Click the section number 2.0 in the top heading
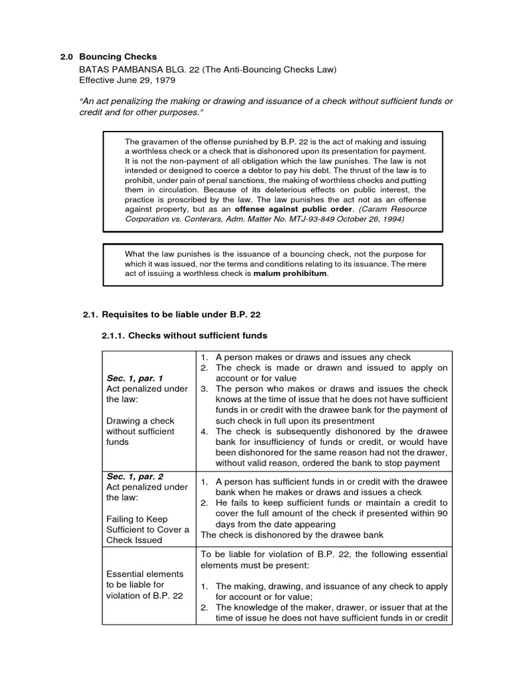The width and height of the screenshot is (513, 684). (x=67, y=57)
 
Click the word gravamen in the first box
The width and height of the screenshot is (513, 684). (x=164, y=142)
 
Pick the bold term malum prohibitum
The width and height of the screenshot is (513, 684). (x=291, y=273)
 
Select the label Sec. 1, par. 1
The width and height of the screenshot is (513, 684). (x=131, y=378)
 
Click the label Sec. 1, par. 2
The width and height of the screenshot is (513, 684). (x=131, y=476)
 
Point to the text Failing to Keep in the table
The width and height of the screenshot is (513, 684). (x=138, y=518)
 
